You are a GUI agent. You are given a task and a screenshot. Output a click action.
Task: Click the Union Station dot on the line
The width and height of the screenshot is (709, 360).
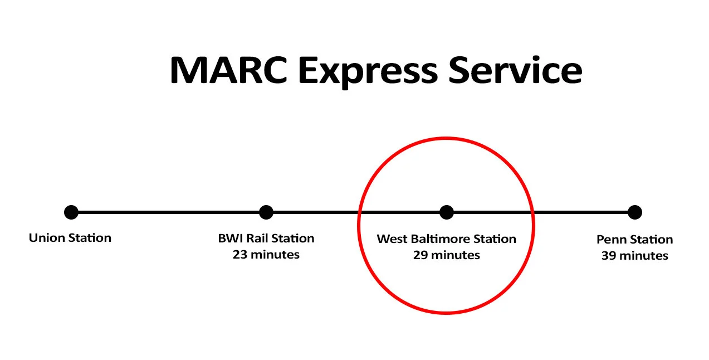click(71, 212)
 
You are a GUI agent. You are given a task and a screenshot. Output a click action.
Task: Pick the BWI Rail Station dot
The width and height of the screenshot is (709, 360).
click(266, 212)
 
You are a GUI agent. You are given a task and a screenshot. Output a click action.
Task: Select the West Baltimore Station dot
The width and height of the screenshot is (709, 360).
click(446, 212)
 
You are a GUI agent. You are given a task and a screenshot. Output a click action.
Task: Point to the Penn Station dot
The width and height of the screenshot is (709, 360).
click(635, 212)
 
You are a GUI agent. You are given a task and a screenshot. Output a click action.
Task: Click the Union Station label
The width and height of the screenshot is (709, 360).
click(70, 238)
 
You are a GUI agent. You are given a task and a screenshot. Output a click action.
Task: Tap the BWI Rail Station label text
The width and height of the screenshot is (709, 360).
click(266, 239)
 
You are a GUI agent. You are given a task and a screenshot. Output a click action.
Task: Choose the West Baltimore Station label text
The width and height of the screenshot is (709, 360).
click(446, 239)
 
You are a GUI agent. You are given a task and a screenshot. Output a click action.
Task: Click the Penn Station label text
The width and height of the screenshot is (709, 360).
click(635, 240)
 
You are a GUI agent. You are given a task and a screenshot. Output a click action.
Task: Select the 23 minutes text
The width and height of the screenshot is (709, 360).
click(266, 255)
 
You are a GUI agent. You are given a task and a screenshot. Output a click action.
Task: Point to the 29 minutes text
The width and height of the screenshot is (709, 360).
click(446, 255)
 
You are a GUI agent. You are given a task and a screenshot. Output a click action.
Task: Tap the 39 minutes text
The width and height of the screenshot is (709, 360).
click(635, 256)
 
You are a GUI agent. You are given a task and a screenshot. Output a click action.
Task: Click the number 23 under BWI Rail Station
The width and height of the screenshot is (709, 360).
click(240, 255)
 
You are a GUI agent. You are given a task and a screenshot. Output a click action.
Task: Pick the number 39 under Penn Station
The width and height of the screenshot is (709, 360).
click(609, 256)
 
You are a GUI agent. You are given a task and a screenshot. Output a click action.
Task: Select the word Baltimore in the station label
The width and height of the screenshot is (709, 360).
click(441, 239)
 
